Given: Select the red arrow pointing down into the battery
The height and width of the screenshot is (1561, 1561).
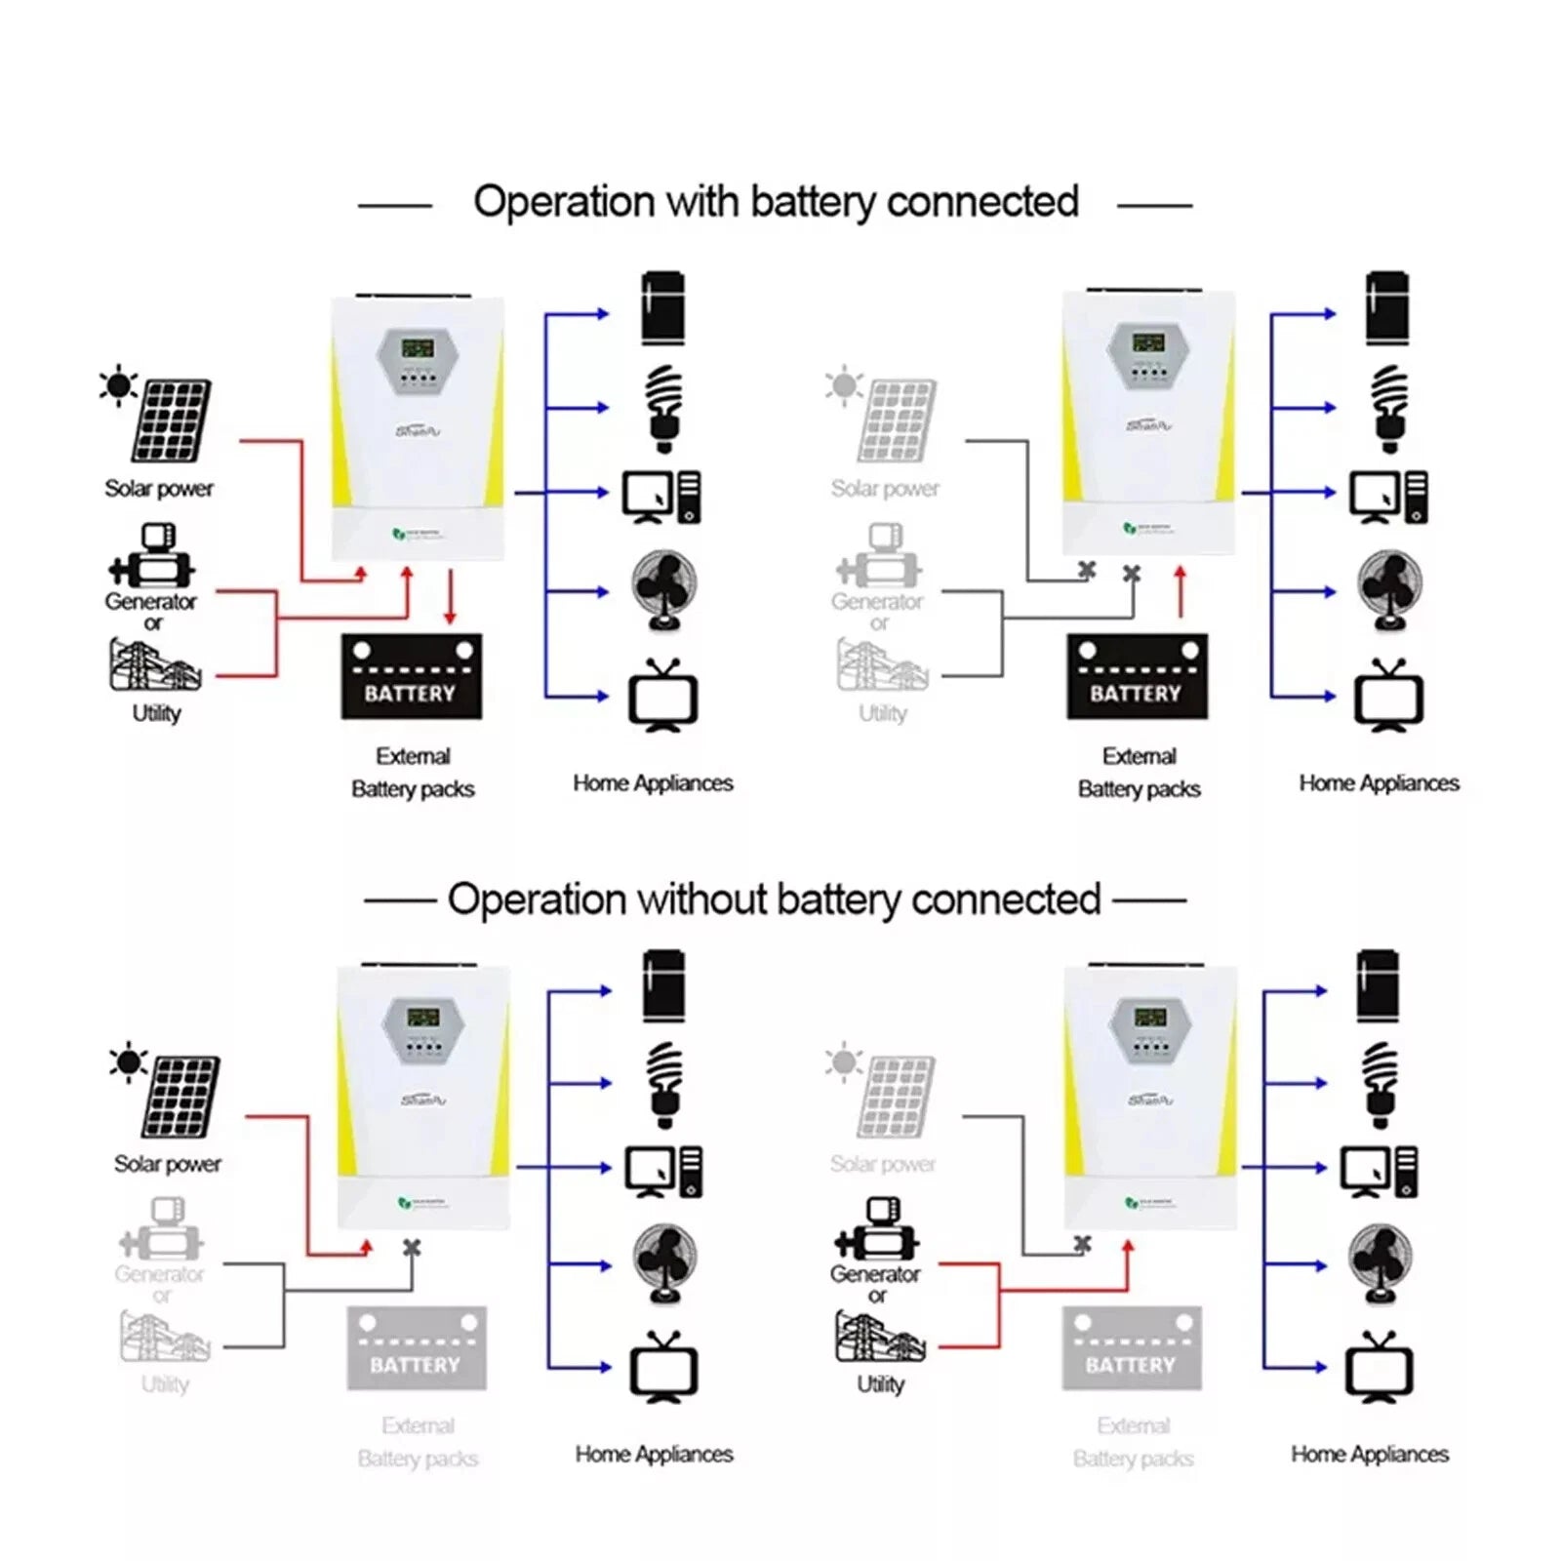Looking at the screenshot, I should click(450, 597).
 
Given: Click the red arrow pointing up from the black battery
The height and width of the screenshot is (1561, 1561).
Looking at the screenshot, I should click(1181, 591).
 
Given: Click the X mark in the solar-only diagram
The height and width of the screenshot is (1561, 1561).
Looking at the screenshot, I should click(412, 1248).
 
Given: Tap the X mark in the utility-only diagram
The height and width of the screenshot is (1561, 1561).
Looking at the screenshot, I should click(1082, 1245).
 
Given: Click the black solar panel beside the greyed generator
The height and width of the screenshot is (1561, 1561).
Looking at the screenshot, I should click(181, 1097).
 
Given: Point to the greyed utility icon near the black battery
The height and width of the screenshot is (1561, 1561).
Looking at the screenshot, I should click(882, 664).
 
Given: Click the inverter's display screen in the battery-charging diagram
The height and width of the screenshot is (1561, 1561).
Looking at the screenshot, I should click(418, 347).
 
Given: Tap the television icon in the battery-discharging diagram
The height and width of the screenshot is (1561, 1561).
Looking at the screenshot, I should click(1388, 696).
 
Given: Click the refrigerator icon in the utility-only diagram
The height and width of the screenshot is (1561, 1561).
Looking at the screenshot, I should click(1378, 985).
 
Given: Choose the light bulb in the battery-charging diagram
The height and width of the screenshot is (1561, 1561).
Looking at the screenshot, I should click(664, 409).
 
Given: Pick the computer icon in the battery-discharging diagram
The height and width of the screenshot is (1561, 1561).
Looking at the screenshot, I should click(1388, 497).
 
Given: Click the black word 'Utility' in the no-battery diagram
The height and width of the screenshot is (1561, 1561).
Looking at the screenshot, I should click(880, 1383).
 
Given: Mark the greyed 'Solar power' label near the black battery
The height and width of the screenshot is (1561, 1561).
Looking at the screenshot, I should click(885, 488).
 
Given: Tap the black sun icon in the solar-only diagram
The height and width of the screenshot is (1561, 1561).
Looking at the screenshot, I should click(128, 1062).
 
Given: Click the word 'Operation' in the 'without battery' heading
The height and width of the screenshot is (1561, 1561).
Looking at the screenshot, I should click(536, 900).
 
